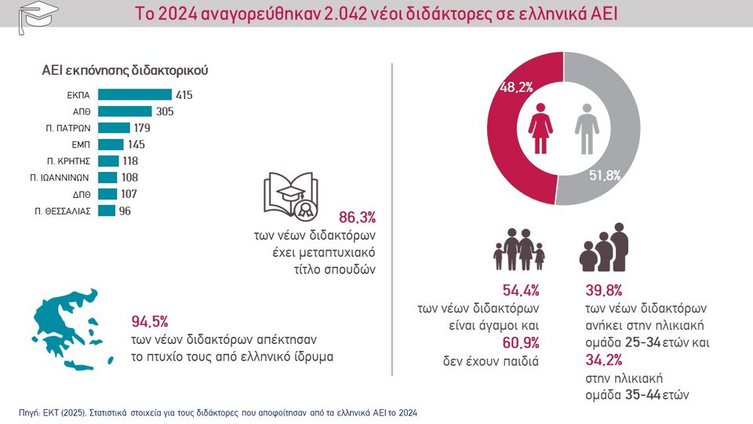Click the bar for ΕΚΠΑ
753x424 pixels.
pyautogui.click(x=136, y=95)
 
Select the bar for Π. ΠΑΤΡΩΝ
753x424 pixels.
pyautogui.click(x=115, y=128)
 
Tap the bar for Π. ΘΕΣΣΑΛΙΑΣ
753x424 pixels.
pyautogui.click(x=107, y=210)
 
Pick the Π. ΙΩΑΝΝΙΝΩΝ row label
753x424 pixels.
pyautogui.click(x=63, y=177)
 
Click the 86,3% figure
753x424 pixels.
pyautogui.click(x=357, y=216)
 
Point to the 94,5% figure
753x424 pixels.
pyautogui.click(x=150, y=322)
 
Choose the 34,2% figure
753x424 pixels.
pyautogui.click(x=604, y=360)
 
